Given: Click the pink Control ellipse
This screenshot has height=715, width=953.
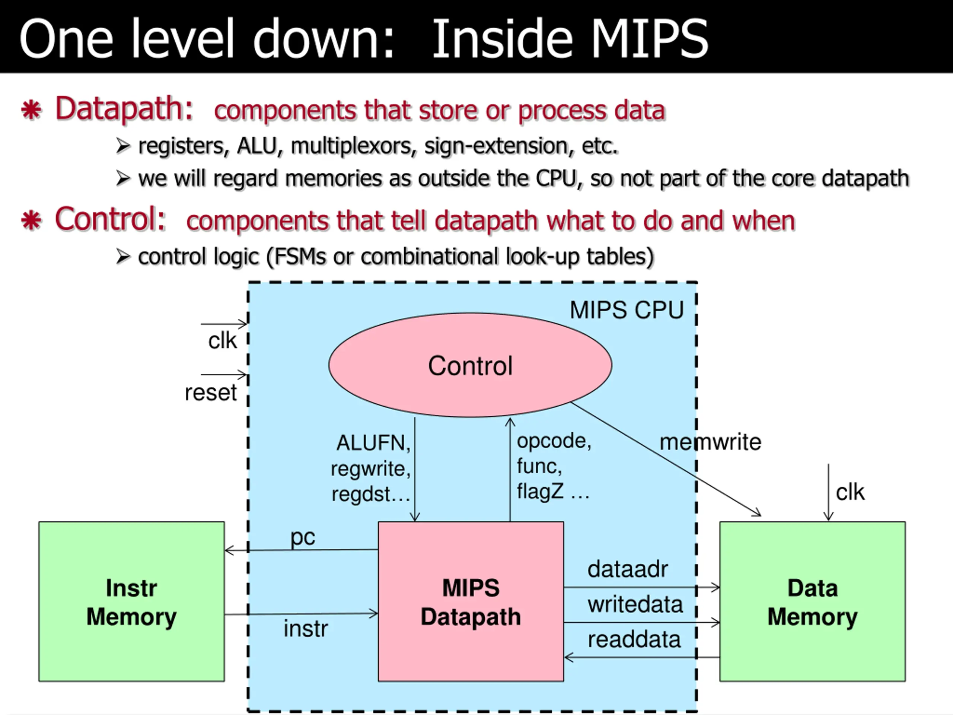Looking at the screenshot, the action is pyautogui.click(x=470, y=365).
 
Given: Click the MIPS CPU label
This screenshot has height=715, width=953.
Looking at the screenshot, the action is pyautogui.click(x=627, y=310).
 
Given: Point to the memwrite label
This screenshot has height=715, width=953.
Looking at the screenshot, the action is pyautogui.click(x=710, y=442).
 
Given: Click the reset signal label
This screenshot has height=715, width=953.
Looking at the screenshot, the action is pyautogui.click(x=211, y=393).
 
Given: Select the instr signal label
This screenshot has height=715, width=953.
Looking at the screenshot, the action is pyautogui.click(x=306, y=628).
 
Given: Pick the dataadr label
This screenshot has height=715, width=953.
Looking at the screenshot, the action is pyautogui.click(x=628, y=569).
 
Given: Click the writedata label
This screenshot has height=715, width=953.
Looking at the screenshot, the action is pyautogui.click(x=635, y=604).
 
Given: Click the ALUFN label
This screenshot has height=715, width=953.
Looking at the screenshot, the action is pyautogui.click(x=373, y=443).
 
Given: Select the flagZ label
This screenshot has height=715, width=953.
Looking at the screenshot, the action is pyautogui.click(x=540, y=491).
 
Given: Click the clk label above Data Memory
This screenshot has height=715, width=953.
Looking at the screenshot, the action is pyautogui.click(x=850, y=492).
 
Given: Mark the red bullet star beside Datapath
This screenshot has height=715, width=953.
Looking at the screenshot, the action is pyautogui.click(x=31, y=110).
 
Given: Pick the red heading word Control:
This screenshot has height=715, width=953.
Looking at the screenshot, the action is pyautogui.click(x=110, y=219).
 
